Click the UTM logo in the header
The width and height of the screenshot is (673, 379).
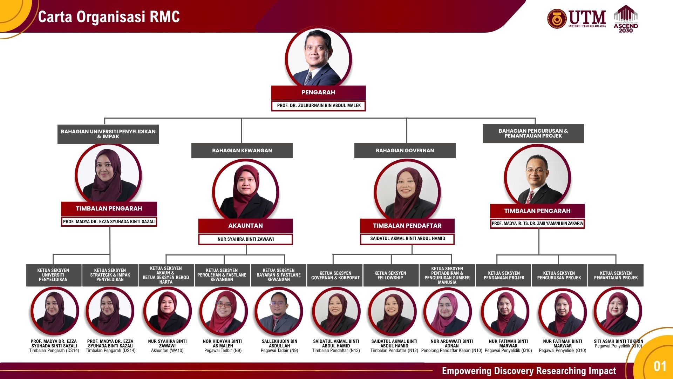click(577, 19)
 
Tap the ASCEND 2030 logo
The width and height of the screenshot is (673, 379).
click(626, 19)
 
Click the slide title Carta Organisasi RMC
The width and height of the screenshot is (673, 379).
click(109, 17)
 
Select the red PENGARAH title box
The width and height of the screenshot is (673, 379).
click(318, 92)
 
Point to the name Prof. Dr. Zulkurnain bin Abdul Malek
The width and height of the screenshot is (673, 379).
click(319, 105)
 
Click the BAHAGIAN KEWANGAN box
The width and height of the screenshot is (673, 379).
click(242, 151)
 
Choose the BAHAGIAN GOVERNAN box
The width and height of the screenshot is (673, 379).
click(405, 151)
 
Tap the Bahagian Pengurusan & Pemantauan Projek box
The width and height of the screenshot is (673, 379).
click(533, 133)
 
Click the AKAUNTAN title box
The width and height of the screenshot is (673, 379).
click(245, 226)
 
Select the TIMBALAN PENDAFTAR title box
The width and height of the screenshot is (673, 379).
click(407, 226)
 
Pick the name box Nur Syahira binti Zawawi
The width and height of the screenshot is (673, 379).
click(245, 239)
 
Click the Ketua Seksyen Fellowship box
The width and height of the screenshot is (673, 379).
click(390, 275)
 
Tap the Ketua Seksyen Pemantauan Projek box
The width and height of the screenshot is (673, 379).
click(616, 275)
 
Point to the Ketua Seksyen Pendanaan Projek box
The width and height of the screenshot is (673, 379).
click(504, 275)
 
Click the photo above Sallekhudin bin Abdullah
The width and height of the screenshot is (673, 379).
click(279, 311)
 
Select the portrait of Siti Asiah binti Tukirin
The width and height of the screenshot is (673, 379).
click(618, 311)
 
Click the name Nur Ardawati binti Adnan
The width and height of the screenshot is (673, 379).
click(451, 344)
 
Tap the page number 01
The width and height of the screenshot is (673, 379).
click(660, 366)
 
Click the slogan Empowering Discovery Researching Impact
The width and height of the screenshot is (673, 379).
click(529, 371)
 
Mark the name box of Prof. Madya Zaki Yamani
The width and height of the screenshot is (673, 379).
click(537, 224)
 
